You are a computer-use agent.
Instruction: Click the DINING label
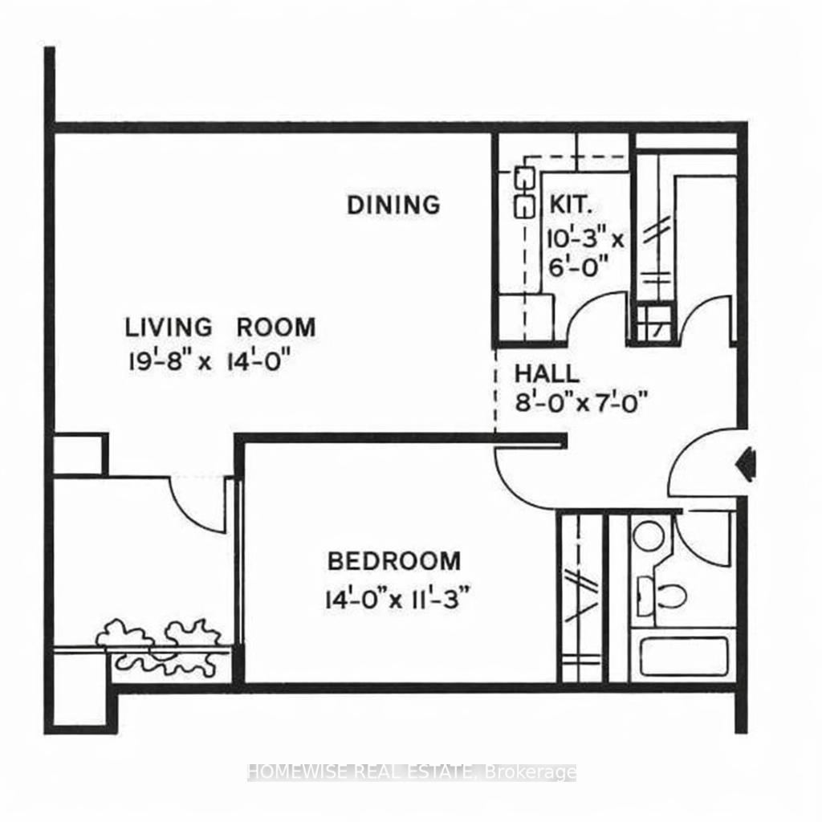[393, 205]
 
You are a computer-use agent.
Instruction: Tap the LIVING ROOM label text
[220, 328]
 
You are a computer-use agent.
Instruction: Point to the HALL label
[546, 373]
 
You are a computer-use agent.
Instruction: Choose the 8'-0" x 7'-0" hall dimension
[581, 399]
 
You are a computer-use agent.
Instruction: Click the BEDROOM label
[393, 560]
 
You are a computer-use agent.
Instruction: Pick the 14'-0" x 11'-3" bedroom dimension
[396, 599]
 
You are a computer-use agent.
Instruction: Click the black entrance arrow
[747, 461]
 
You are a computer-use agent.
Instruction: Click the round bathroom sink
[649, 535]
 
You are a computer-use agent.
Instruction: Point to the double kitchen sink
[523, 192]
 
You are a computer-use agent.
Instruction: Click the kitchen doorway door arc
[595, 315]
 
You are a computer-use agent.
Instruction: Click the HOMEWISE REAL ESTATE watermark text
[411, 772]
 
